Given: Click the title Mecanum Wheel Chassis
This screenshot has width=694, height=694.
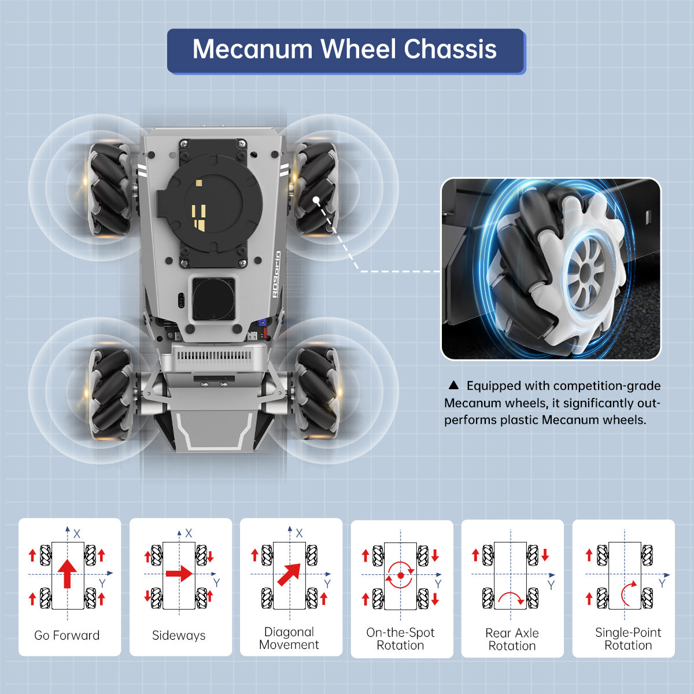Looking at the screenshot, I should pyautogui.click(x=345, y=50).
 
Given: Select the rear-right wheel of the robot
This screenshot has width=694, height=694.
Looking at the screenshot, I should pyautogui.click(x=316, y=390).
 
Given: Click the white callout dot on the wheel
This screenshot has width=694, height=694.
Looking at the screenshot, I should pyautogui.click(x=317, y=201).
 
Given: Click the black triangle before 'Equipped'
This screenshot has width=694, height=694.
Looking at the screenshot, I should pyautogui.click(x=453, y=386).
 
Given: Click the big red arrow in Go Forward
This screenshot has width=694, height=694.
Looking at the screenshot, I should pyautogui.click(x=68, y=573).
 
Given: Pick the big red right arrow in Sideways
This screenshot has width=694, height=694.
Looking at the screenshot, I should pyautogui.click(x=179, y=574).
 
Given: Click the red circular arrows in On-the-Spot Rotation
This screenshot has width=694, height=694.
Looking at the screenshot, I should pyautogui.click(x=400, y=575).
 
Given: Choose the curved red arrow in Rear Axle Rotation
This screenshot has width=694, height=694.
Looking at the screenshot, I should pyautogui.click(x=511, y=597).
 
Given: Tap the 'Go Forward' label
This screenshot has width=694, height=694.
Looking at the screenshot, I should pyautogui.click(x=67, y=635).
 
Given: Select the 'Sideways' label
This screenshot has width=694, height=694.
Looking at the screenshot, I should pyautogui.click(x=179, y=635).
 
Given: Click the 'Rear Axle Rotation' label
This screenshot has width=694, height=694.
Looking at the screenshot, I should pyautogui.click(x=512, y=639).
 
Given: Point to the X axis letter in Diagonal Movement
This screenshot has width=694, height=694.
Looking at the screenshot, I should pyautogui.click(x=299, y=533).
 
